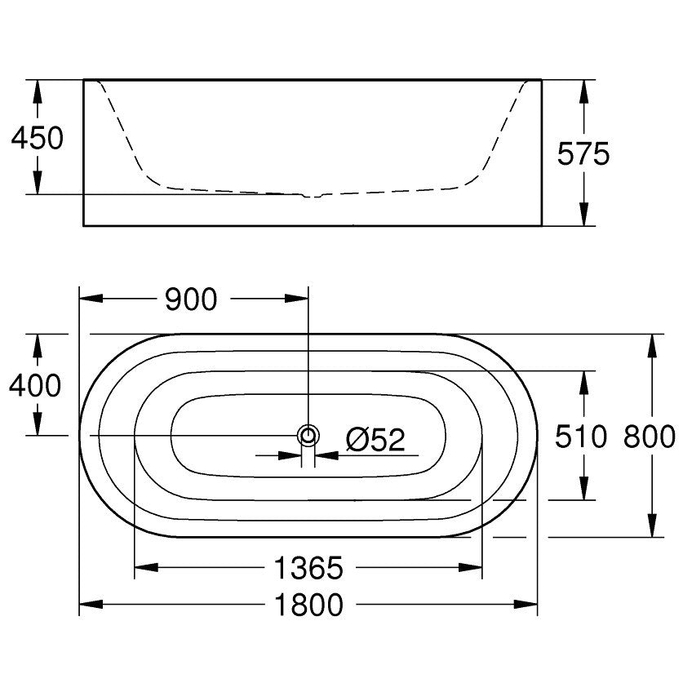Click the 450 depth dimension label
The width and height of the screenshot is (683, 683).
pyautogui.click(x=37, y=138)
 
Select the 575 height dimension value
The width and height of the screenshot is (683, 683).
pyautogui.click(x=583, y=153)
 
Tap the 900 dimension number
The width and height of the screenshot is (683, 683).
pyautogui.click(x=191, y=299)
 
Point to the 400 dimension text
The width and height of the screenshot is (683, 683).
pyautogui.click(x=35, y=385)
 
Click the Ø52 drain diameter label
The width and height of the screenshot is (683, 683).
pyautogui.click(x=375, y=440)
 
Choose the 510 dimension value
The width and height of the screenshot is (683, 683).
pyautogui.click(x=581, y=437)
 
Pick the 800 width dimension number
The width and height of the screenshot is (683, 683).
pyautogui.click(x=650, y=437)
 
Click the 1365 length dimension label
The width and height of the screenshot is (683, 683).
pyautogui.click(x=308, y=568)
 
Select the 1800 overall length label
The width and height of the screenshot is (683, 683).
pyautogui.click(x=308, y=605)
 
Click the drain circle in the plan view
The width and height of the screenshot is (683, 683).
pyautogui.click(x=308, y=435)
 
